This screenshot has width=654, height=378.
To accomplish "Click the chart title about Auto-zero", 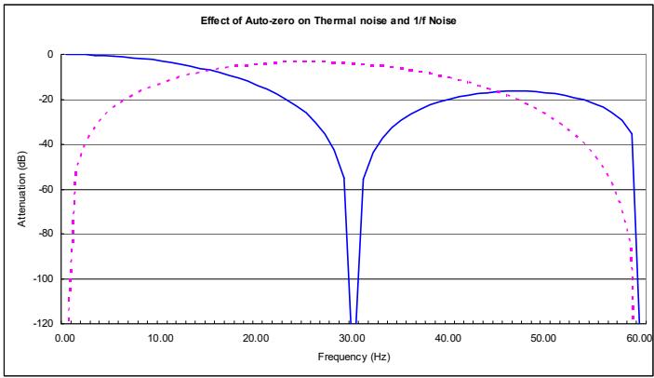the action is [328, 20].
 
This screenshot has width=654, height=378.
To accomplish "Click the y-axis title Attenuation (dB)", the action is [21, 189].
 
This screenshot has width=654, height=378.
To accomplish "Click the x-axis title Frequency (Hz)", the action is [354, 357].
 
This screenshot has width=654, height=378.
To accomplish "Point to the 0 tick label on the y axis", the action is [50, 55].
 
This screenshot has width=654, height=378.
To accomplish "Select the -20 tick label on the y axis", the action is [45, 100].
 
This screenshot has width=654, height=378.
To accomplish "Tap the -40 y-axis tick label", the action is [45, 144].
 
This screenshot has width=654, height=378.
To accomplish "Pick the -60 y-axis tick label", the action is [45, 189].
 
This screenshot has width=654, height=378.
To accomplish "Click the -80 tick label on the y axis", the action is [45, 234].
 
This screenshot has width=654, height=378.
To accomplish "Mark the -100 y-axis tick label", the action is [43, 278].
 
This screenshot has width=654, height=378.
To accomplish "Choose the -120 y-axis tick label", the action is [43, 323].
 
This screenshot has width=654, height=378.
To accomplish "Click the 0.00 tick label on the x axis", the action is [64, 338].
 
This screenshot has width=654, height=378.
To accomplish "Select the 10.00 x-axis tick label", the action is [160, 338].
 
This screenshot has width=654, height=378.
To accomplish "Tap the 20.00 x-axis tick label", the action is [256, 338].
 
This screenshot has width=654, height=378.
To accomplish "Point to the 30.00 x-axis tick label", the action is [352, 338].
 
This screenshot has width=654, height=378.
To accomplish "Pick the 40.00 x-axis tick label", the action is [447, 338].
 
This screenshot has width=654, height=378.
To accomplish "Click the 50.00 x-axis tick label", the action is [543, 338].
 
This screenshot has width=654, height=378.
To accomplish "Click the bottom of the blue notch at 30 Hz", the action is [354, 322].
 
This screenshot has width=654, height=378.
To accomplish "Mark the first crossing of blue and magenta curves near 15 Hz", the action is [207, 70].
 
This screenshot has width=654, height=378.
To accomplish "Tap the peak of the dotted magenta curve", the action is [300, 61].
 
